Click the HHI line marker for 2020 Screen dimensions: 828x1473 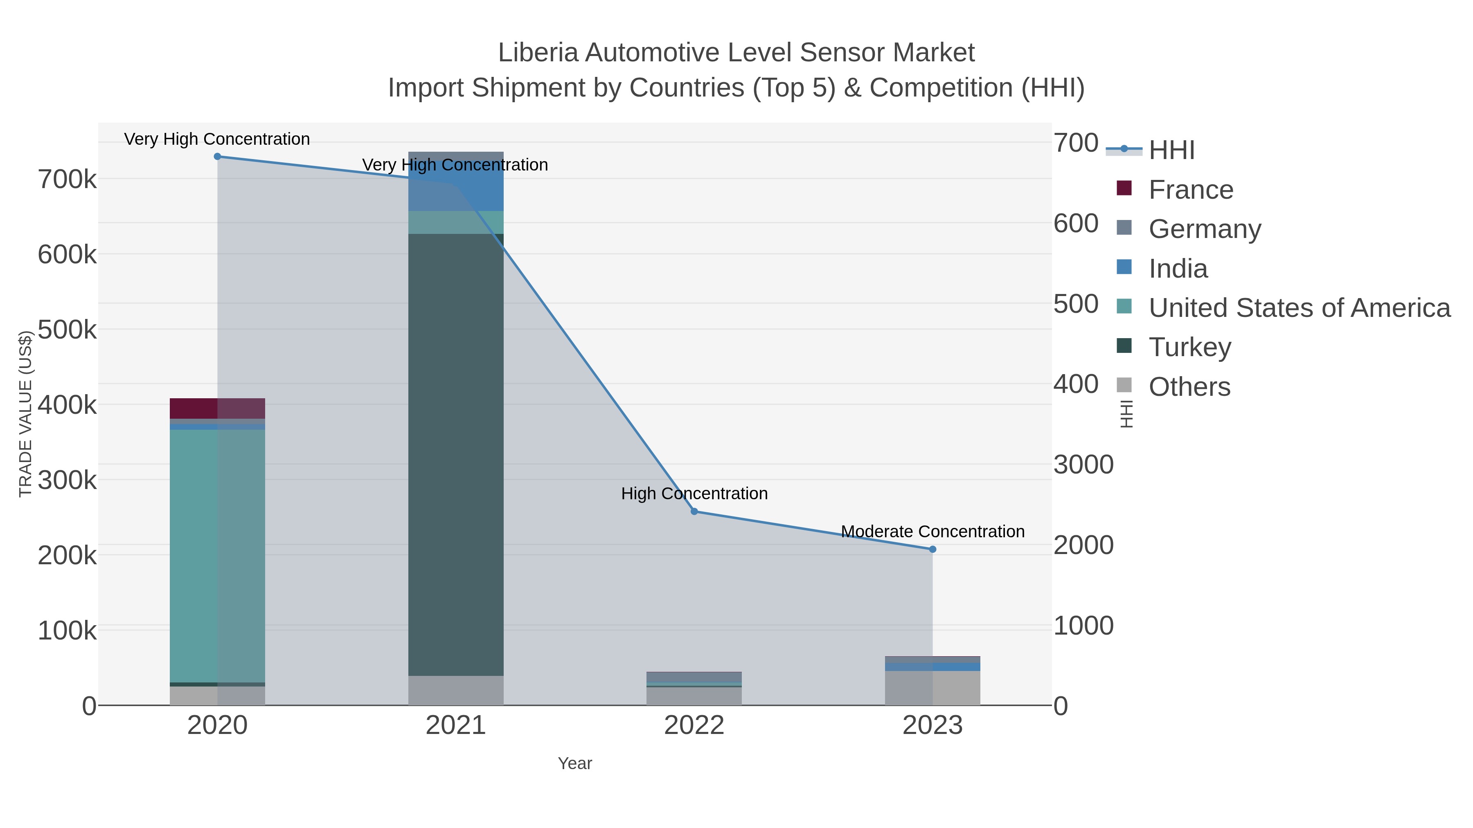pos(217,157)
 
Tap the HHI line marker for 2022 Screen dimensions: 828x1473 pos(694,512)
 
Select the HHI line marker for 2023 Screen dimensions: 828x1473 pos(932,549)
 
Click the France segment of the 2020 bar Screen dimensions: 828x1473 pos(217,408)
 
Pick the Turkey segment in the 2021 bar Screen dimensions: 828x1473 pos(456,454)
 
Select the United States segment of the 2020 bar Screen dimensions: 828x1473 pos(217,554)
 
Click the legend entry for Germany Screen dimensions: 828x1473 pos(1204,229)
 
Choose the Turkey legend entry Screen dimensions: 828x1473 pos(1189,348)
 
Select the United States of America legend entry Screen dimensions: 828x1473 pos(1299,308)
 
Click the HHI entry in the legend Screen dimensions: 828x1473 pos(1171,150)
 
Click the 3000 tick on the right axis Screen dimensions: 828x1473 pos(1083,464)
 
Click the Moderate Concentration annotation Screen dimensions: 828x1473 pos(932,532)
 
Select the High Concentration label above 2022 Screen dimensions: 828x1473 pos(694,494)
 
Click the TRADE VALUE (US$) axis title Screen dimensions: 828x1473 pos(25,414)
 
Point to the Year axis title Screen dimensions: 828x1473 pos(575,763)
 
